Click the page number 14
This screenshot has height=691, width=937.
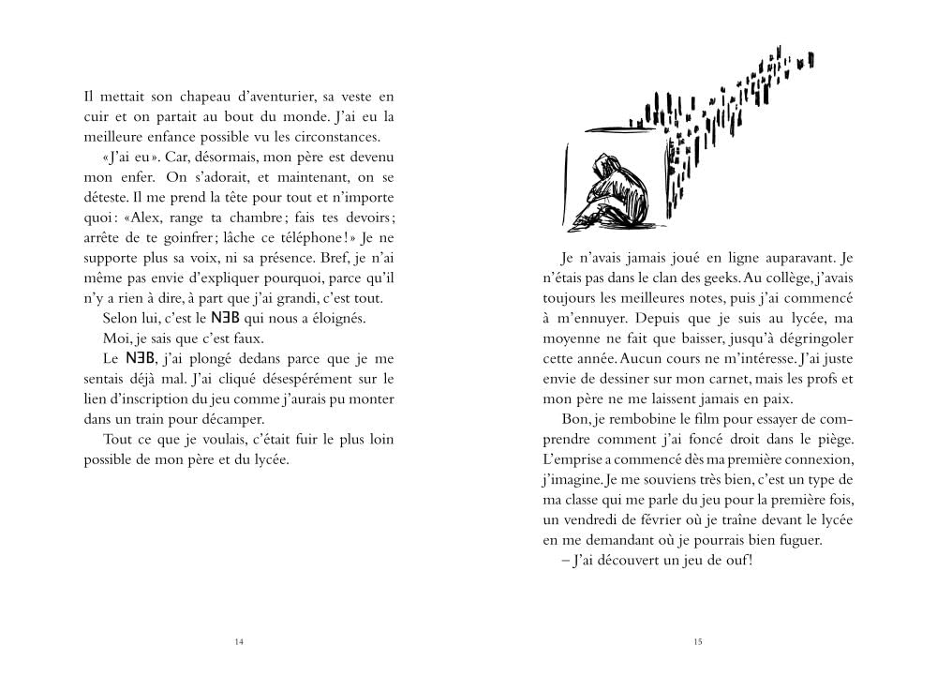(x=238, y=642)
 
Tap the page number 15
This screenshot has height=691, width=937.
(x=698, y=642)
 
